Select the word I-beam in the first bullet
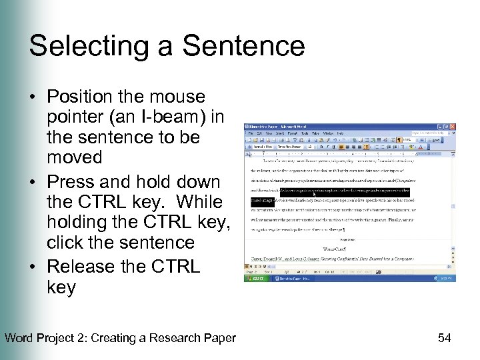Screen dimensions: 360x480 tap(167, 117)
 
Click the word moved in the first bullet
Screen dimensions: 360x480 tap(74, 157)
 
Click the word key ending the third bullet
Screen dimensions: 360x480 tap(61, 287)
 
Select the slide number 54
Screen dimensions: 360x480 tap(444, 338)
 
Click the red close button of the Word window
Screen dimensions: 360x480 tap(453, 127)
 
